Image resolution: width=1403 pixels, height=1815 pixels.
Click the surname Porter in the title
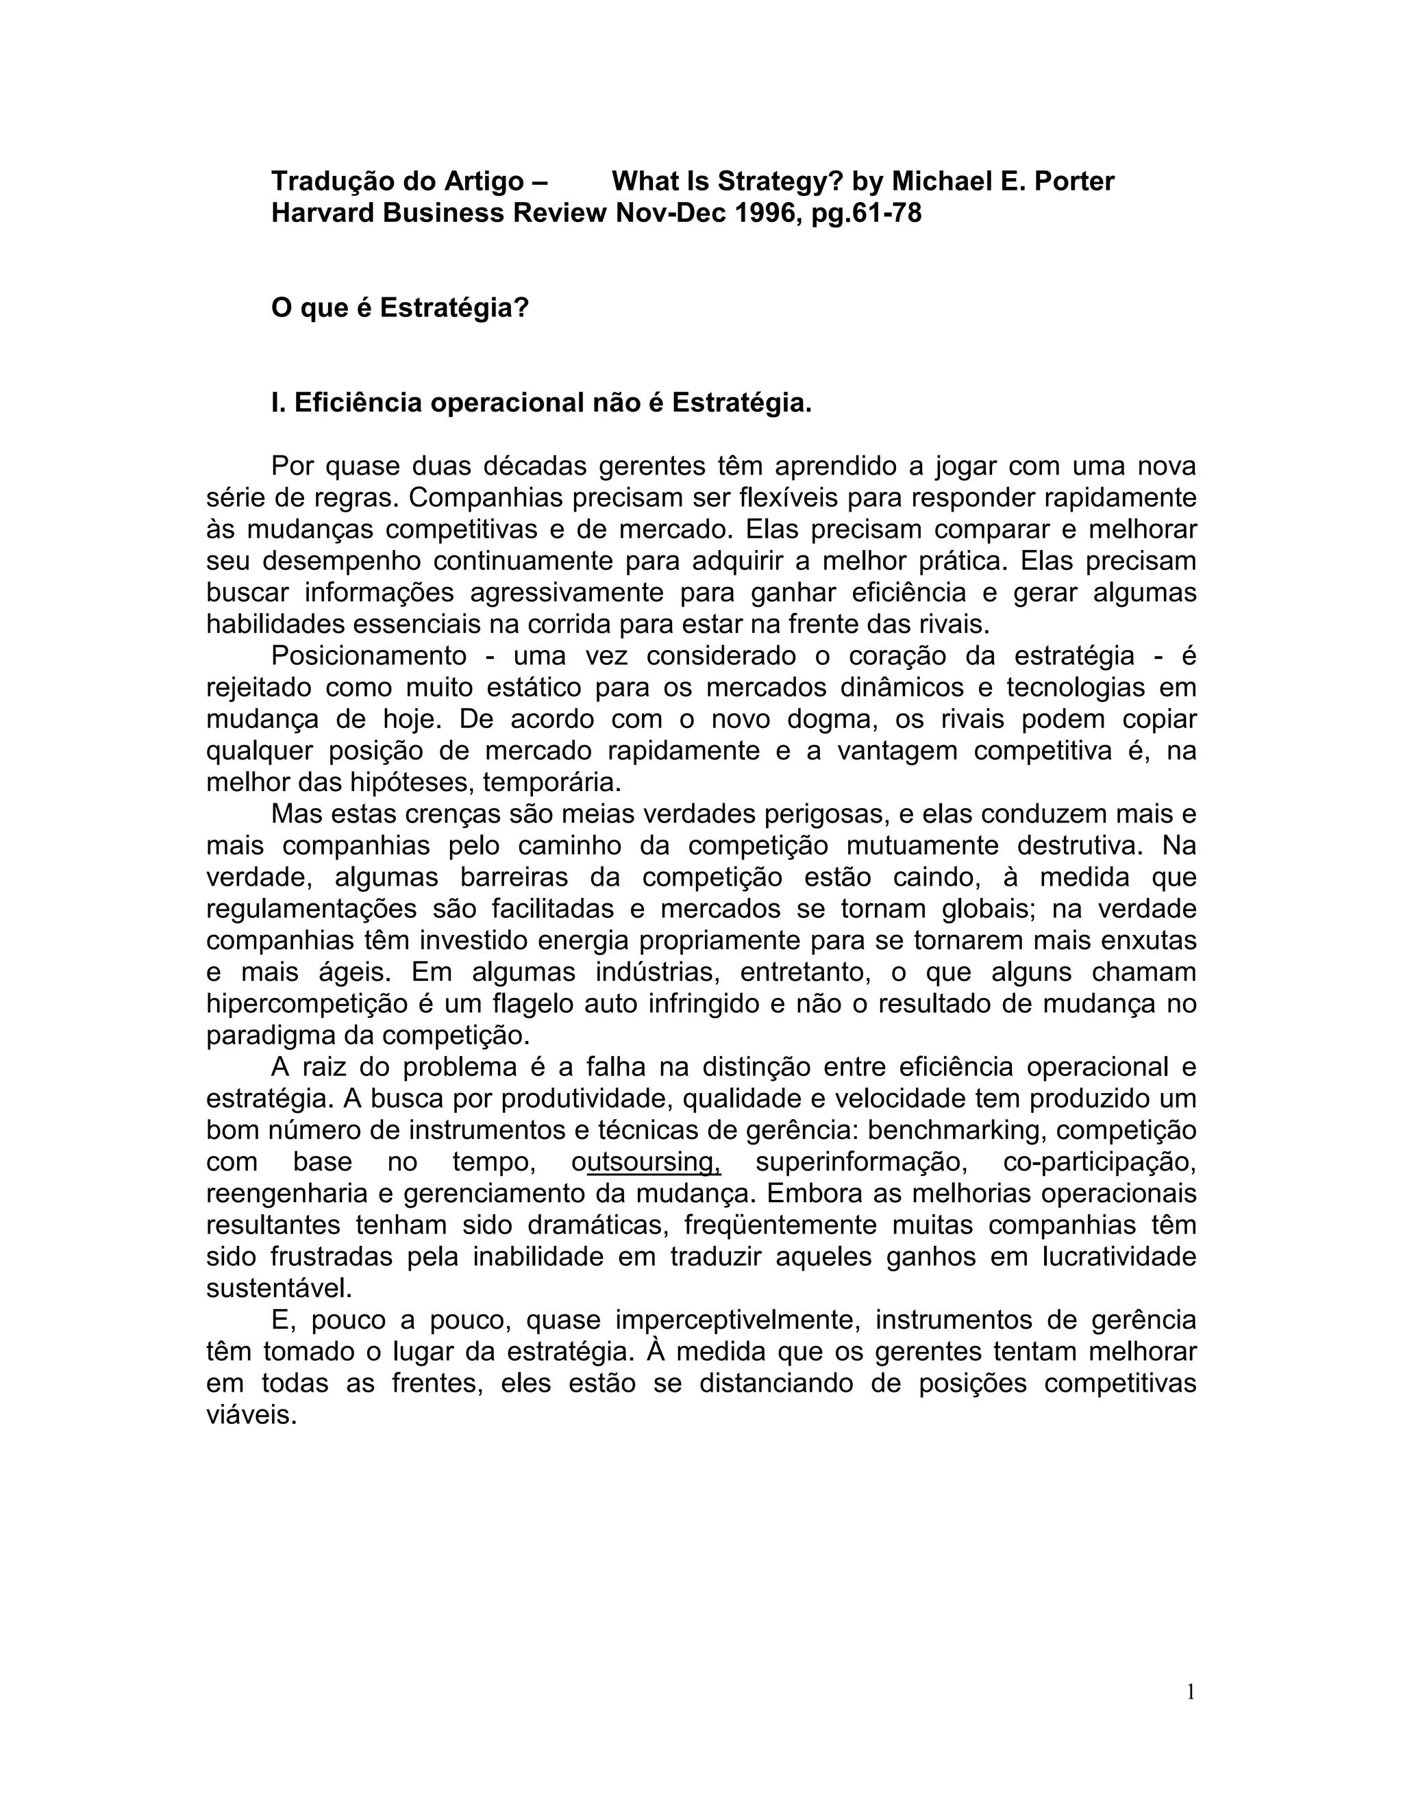point(1074,181)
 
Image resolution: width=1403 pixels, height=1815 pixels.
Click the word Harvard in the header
point(323,214)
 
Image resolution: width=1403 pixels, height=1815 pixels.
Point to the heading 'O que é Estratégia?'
point(400,308)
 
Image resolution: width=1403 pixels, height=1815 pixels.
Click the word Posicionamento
point(369,657)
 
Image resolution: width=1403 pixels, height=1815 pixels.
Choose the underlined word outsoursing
point(647,1163)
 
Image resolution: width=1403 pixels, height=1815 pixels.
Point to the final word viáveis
point(251,1415)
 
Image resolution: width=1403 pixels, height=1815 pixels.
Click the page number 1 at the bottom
point(1190,1692)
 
